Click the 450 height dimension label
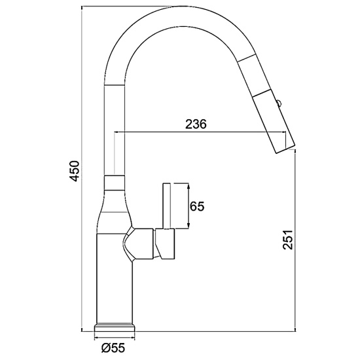coord(75,171)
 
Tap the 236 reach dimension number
coord(196,124)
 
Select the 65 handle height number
coord(197,206)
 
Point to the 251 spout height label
coord(288,240)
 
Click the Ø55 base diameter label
coord(113,348)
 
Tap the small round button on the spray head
coord(279,102)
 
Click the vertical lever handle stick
coord(166,206)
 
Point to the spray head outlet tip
coord(285,149)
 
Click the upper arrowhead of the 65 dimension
coord(189,186)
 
